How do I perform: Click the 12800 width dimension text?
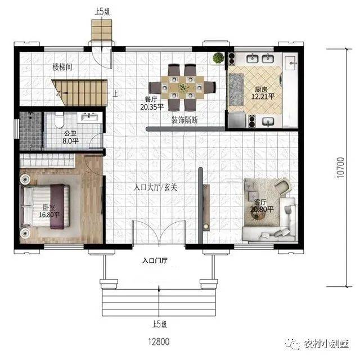(x=159, y=341)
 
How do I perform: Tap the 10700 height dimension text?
(x=341, y=168)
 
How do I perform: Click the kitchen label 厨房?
(x=261, y=89)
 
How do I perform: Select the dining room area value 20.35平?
(x=152, y=107)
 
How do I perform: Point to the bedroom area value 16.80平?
(x=49, y=215)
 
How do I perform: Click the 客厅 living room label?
(x=260, y=202)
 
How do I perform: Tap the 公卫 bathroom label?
(x=70, y=133)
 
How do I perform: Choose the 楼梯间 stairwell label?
(x=62, y=67)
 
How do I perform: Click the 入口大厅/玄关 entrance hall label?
(x=155, y=187)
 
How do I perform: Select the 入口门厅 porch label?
(x=155, y=260)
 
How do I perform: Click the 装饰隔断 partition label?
(x=184, y=120)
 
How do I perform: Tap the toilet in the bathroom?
(x=59, y=120)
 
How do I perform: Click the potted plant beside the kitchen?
(x=218, y=58)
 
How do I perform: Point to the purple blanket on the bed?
(x=57, y=206)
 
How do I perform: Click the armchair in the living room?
(x=283, y=186)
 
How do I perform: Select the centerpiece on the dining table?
(x=183, y=87)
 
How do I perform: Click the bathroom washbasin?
(x=89, y=117)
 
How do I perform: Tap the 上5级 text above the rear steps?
(x=102, y=11)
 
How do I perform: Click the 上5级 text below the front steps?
(x=159, y=324)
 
